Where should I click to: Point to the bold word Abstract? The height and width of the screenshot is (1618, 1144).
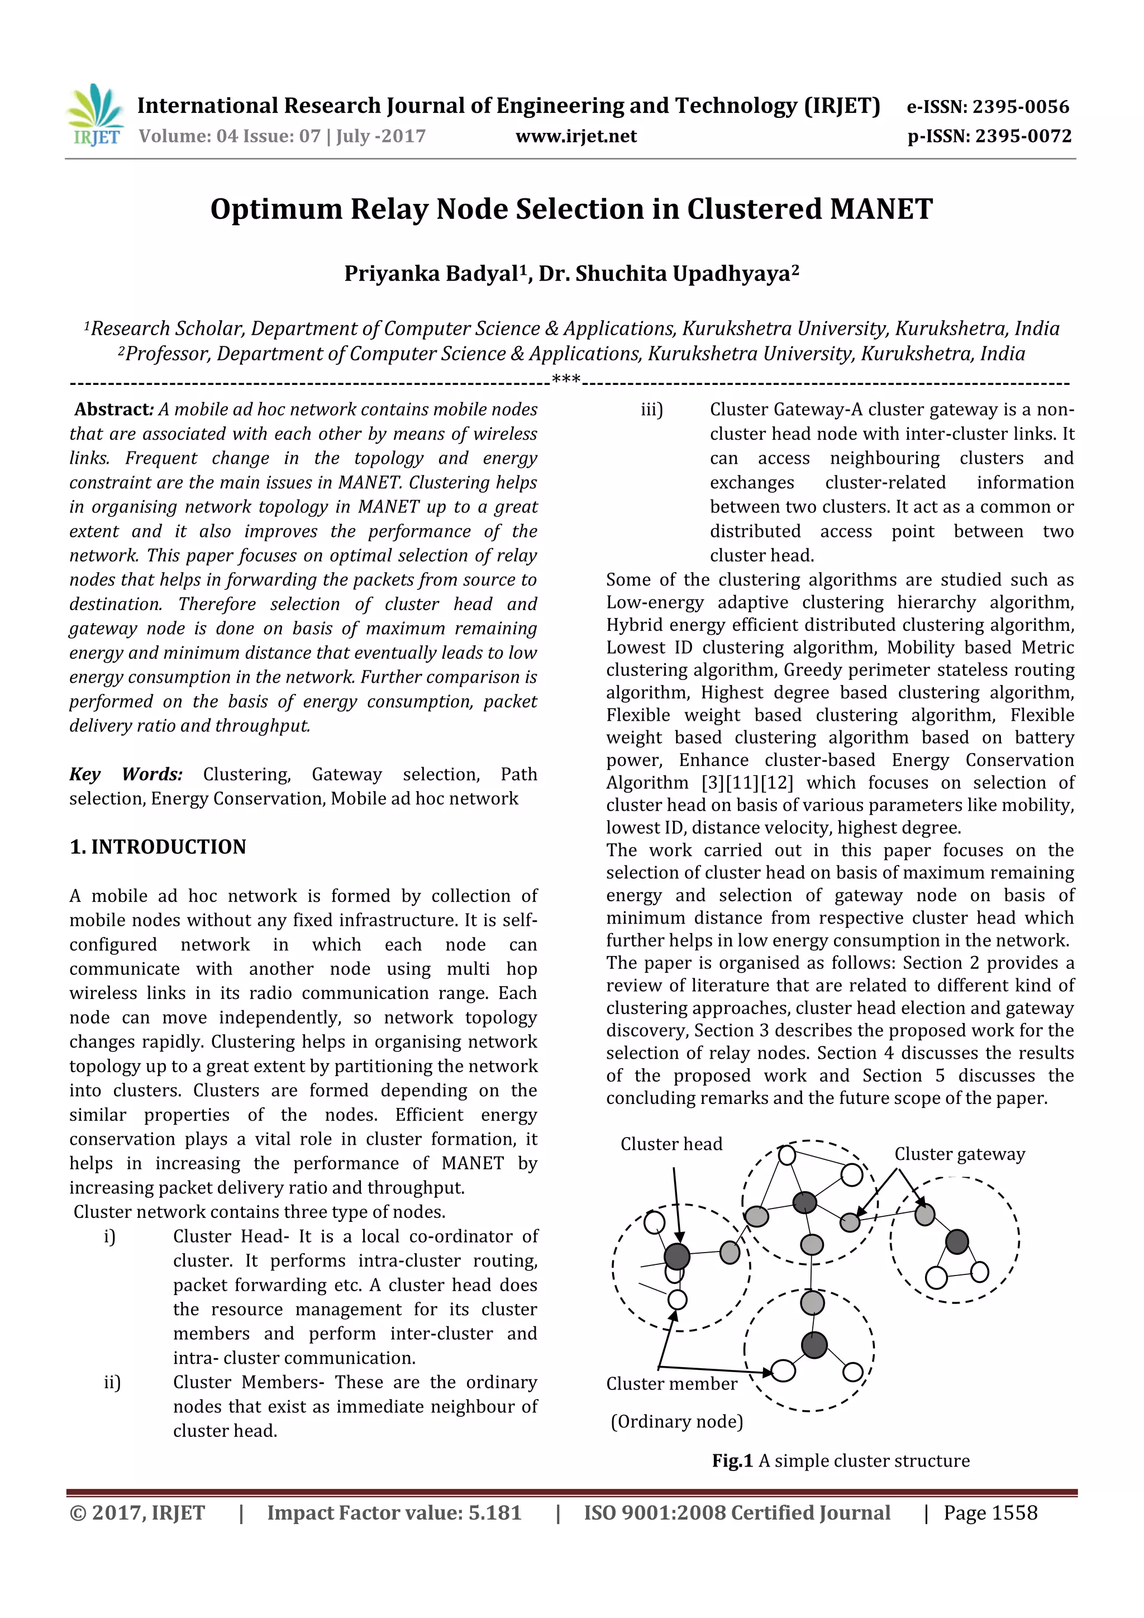[113, 410]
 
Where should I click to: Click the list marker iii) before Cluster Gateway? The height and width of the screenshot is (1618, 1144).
[652, 410]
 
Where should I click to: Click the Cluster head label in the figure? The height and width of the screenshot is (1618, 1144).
[671, 1144]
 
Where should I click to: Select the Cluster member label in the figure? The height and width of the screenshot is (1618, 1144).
[671, 1383]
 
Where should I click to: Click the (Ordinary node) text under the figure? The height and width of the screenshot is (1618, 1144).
[676, 1421]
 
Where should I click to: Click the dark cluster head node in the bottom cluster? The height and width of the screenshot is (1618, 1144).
[814, 1345]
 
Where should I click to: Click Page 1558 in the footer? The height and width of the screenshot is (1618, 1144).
[990, 1512]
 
